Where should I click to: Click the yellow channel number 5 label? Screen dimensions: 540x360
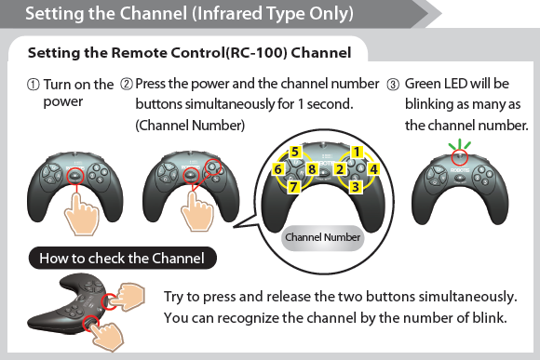pos(295,152)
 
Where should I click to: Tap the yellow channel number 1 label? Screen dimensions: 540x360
pos(357,152)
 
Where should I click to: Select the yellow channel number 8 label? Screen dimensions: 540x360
pos(312,169)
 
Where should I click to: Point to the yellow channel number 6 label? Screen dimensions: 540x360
pos(278,169)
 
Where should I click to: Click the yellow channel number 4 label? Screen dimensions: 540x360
pos(373,169)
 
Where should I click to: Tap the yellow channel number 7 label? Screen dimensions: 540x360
pos(293,187)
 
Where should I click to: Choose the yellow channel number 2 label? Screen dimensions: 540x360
pos(340,169)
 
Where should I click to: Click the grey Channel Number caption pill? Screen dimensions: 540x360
pos(323,237)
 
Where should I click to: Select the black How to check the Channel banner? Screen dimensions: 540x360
pos(123,258)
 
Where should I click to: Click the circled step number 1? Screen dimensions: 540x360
pos(34,85)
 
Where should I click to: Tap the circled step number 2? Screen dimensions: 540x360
pos(127,84)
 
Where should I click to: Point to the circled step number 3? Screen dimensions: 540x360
pos(393,85)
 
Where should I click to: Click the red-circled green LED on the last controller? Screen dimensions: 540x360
pos(460,157)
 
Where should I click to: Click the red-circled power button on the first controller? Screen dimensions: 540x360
pos(75,176)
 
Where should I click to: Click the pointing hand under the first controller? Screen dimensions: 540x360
pos(82,214)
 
